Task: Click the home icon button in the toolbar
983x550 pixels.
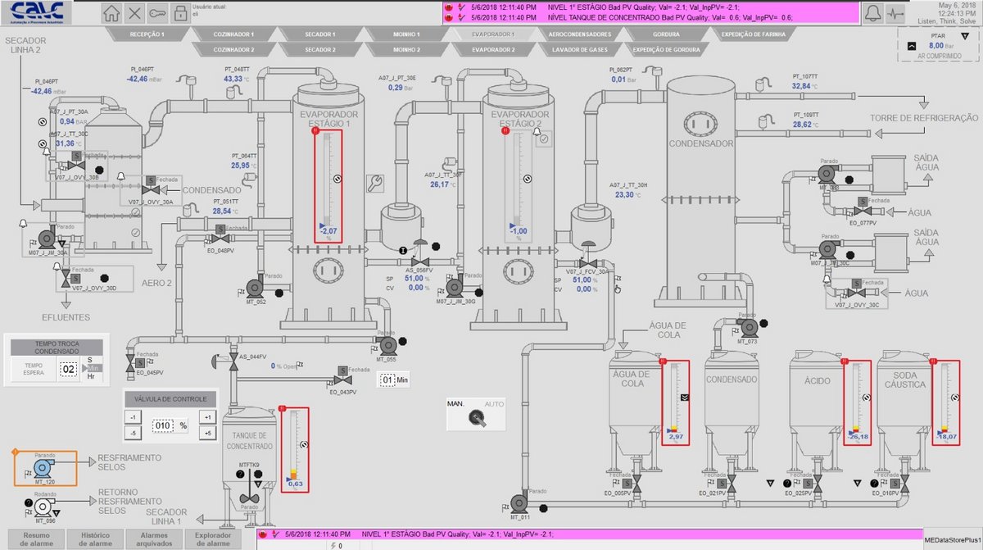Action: (x=112, y=13)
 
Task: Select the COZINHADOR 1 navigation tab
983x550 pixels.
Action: (x=233, y=34)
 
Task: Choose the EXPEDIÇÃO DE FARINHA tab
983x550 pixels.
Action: (x=753, y=34)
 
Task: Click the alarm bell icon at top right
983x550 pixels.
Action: (x=873, y=13)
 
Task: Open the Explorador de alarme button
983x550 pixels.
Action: (x=212, y=539)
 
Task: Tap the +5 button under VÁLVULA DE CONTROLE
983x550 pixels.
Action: (x=208, y=433)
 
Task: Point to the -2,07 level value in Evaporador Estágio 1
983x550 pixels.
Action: (x=328, y=231)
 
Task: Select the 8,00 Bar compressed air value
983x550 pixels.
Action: (x=930, y=46)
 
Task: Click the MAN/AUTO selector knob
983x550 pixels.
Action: (x=475, y=417)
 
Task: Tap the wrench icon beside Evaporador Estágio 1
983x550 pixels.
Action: (x=376, y=183)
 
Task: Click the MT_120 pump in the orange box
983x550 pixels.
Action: (x=42, y=468)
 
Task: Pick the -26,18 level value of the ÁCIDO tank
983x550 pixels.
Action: (x=858, y=437)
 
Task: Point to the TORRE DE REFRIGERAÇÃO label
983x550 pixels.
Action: (x=924, y=118)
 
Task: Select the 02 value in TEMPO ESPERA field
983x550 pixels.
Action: (x=68, y=369)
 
